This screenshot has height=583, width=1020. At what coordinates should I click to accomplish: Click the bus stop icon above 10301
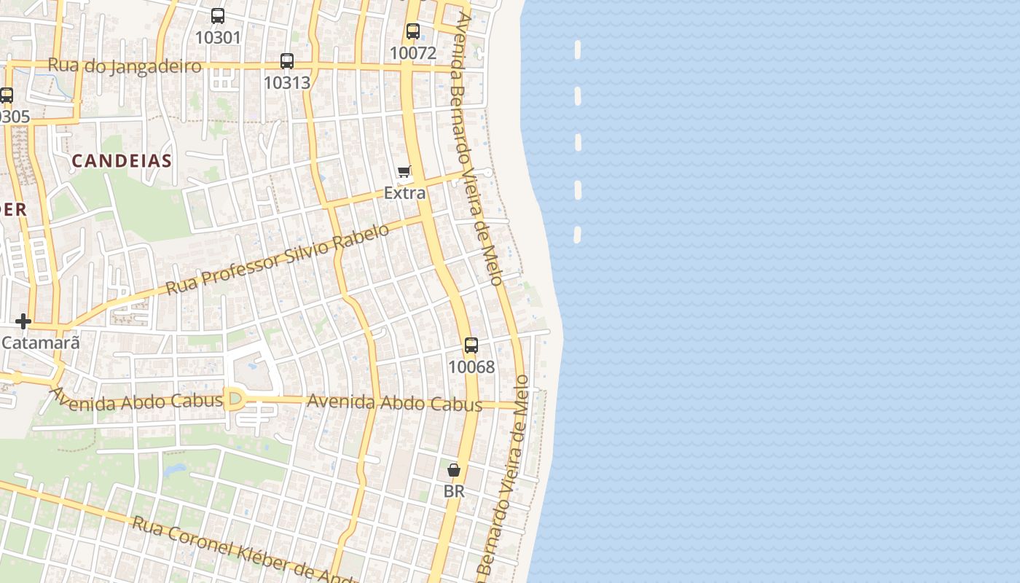click(x=217, y=15)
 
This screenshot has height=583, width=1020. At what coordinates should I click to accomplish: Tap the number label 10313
click(x=287, y=82)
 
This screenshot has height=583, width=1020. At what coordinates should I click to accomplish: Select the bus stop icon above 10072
click(x=413, y=31)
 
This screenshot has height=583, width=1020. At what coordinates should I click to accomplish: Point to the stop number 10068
click(x=471, y=367)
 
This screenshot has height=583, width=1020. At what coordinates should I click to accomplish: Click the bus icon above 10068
click(x=471, y=345)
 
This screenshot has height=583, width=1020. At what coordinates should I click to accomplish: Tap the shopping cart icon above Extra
click(x=404, y=172)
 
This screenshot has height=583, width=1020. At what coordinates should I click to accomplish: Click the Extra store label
click(x=404, y=193)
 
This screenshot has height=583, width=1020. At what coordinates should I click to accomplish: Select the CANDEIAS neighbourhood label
click(x=122, y=161)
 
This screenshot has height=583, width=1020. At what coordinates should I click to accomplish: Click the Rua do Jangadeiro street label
click(x=125, y=66)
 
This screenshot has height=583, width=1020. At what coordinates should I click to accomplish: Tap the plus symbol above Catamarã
click(x=23, y=321)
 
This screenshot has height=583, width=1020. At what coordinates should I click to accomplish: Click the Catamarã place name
click(x=40, y=342)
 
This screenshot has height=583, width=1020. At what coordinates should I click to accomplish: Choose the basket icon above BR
click(x=454, y=470)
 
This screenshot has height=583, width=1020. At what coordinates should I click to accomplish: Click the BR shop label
click(x=454, y=491)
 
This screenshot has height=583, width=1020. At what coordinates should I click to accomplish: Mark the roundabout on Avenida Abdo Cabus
click(x=235, y=399)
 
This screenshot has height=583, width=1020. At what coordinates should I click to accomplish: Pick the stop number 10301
click(x=217, y=36)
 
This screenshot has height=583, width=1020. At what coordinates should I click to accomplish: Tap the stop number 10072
click(x=413, y=52)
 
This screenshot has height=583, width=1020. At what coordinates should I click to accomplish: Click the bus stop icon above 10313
click(x=287, y=61)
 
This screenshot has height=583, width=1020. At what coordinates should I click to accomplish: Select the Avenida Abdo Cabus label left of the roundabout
click(x=136, y=400)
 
